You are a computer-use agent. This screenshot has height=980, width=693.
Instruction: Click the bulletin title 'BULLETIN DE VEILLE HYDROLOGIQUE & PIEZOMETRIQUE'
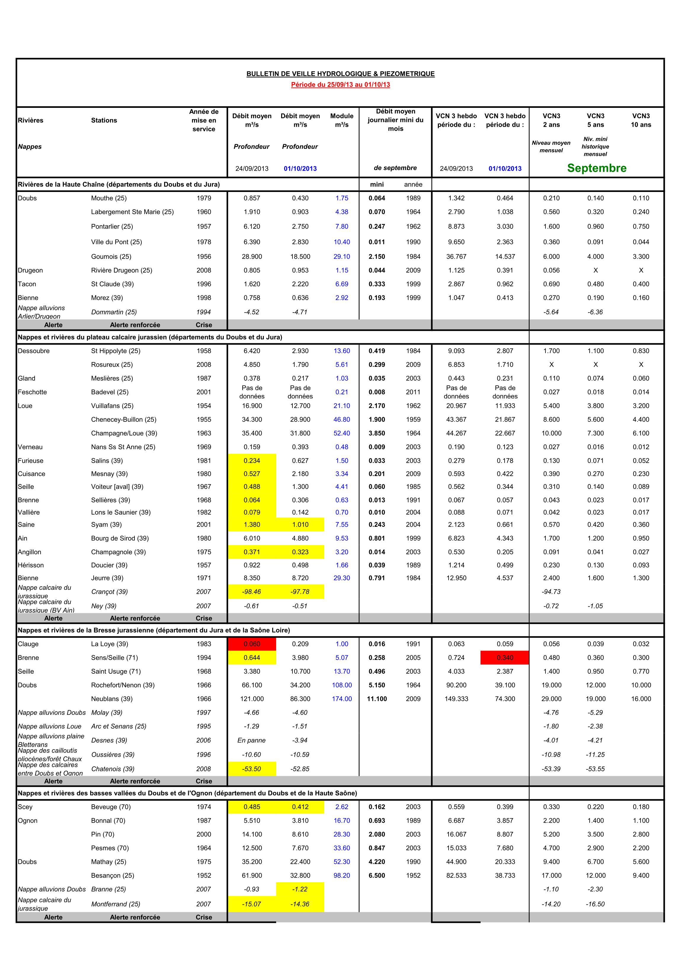pos(340,74)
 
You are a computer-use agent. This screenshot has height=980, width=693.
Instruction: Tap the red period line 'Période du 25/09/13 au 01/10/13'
pos(340,84)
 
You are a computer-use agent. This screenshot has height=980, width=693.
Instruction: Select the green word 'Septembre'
pos(596,168)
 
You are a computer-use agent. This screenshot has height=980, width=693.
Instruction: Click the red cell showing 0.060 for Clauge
pos(252,644)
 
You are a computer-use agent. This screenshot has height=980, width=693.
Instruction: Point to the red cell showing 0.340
pos(505,657)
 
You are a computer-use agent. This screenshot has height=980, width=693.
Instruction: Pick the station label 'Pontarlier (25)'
pos(112,226)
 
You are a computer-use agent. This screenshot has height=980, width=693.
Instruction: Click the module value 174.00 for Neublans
pos(342,699)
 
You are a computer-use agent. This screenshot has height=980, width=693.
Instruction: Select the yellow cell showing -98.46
pos(252,592)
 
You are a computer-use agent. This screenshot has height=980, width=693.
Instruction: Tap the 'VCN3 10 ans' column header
pos(641,120)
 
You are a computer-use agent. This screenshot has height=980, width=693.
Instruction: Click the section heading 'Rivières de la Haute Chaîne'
pos(119,184)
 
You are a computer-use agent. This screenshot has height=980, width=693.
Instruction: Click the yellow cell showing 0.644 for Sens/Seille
pos(252,657)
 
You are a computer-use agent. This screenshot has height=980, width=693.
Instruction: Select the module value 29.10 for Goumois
pos(342,257)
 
